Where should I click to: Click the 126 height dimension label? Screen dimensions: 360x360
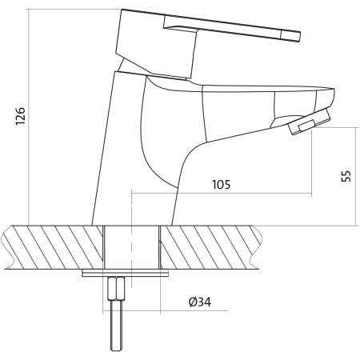click(x=20, y=116)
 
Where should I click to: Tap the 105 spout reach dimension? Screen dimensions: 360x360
click(x=221, y=185)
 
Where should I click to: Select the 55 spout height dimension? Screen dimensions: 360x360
click(x=346, y=176)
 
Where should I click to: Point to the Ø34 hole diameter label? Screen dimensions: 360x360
click(x=200, y=302)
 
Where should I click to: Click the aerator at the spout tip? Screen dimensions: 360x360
click(x=309, y=122)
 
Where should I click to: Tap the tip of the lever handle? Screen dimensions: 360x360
click(x=299, y=37)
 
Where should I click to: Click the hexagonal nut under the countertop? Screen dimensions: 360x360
click(x=116, y=289)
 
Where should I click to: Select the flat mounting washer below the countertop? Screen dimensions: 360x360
click(x=126, y=273)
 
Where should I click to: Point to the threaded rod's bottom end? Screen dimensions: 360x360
click(x=116, y=350)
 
